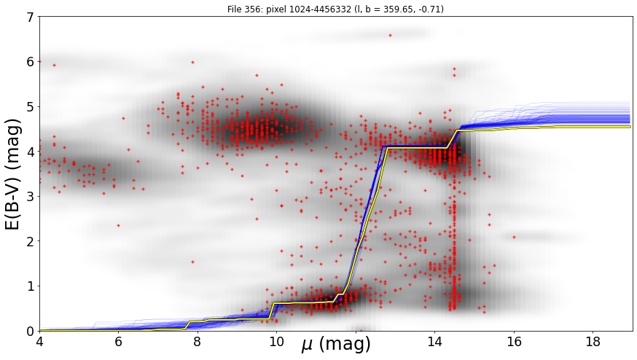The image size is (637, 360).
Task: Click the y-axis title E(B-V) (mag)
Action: coord(13,174)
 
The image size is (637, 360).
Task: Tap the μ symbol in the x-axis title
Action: coord(307,345)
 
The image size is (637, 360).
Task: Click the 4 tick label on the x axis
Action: coord(39,342)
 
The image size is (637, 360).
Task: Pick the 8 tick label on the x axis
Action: coord(198,342)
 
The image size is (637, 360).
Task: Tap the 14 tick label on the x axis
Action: coord(434,342)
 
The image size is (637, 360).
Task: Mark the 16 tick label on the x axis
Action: coord(514,342)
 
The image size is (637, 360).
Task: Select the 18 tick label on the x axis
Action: coord(593,342)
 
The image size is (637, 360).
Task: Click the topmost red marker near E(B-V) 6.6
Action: coord(391,36)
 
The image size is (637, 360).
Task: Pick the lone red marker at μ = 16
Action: coord(514,237)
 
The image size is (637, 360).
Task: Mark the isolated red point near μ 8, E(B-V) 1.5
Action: coord(192,262)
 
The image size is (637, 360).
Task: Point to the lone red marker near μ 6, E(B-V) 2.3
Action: coord(118,225)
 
